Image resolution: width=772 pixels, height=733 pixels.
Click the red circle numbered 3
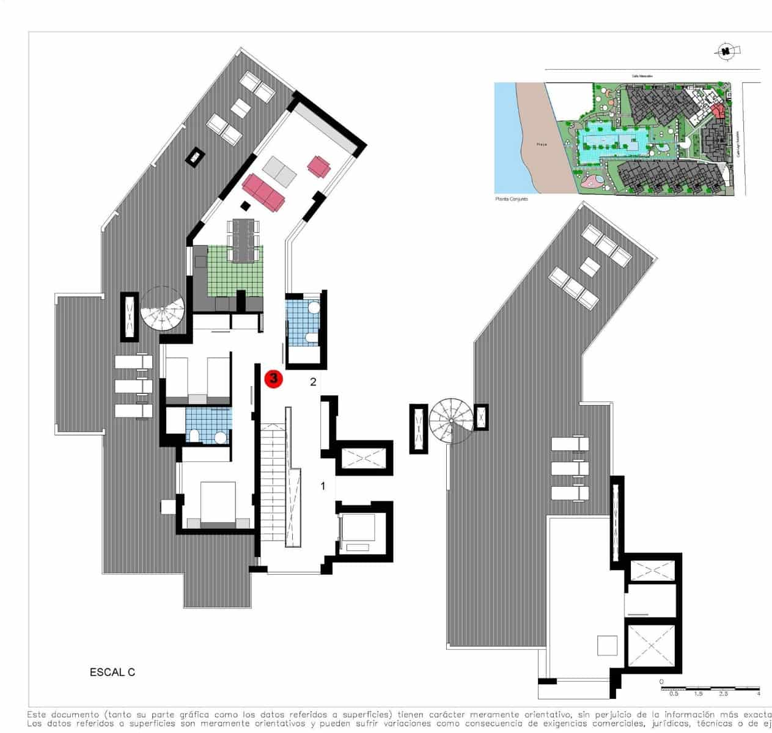click(273, 379)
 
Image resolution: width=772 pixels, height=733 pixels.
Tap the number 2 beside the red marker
click(313, 382)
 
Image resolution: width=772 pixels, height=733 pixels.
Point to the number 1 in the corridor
click(323, 486)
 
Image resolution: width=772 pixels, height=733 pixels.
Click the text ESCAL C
click(112, 673)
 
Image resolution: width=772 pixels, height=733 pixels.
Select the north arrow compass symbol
click(726, 51)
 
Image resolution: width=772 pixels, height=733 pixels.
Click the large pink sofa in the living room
click(264, 191)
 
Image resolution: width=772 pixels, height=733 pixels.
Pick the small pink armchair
click(319, 166)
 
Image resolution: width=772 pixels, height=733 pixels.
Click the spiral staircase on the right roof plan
click(451, 420)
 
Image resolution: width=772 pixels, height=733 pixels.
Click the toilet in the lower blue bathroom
click(194, 435)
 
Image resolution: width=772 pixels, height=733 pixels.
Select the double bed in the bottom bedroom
click(218, 504)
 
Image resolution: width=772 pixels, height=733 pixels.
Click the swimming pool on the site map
click(611, 144)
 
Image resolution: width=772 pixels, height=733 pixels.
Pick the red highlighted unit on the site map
click(718, 111)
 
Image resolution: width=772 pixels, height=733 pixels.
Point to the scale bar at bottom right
click(710, 688)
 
